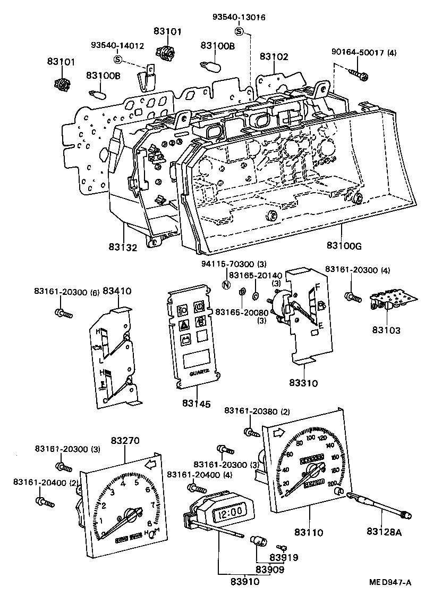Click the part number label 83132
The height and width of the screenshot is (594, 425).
(x=123, y=247)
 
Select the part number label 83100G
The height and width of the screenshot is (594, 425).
(x=344, y=245)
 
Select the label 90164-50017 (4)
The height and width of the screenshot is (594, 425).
(x=364, y=52)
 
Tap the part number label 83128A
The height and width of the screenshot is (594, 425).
(x=385, y=531)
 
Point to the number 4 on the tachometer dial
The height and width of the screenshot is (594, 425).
(x=123, y=483)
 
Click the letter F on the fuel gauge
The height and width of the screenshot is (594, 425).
(x=318, y=286)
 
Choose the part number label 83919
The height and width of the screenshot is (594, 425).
(x=284, y=557)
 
